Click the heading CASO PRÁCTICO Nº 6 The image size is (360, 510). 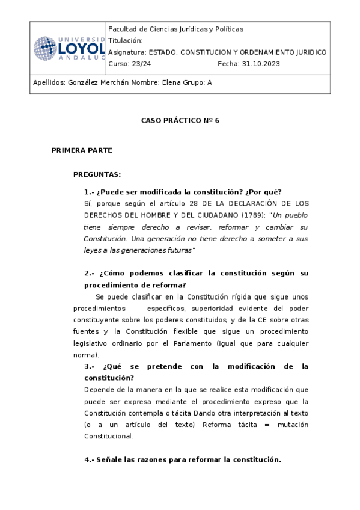[x=180, y=120]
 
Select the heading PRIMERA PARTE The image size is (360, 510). [x=82, y=150]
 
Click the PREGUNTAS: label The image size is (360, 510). [x=97, y=174]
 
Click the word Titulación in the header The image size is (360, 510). [x=126, y=40]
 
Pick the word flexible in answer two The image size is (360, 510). [x=178, y=331]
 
